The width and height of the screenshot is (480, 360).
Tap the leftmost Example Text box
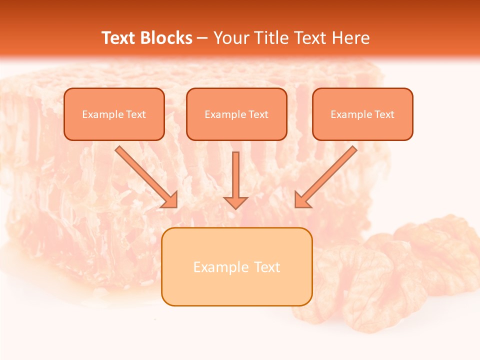(114, 114)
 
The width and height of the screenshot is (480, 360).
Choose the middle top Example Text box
(236, 114)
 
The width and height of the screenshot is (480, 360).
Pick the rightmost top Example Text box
(362, 114)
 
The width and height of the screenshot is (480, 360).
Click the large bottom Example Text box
(236, 267)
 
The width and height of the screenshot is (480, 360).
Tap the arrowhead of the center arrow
(235, 202)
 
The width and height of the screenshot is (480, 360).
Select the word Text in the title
(118, 38)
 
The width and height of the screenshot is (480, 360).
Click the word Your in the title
(230, 38)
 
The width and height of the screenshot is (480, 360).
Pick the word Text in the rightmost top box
(384, 114)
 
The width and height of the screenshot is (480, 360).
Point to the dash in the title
(202, 38)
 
